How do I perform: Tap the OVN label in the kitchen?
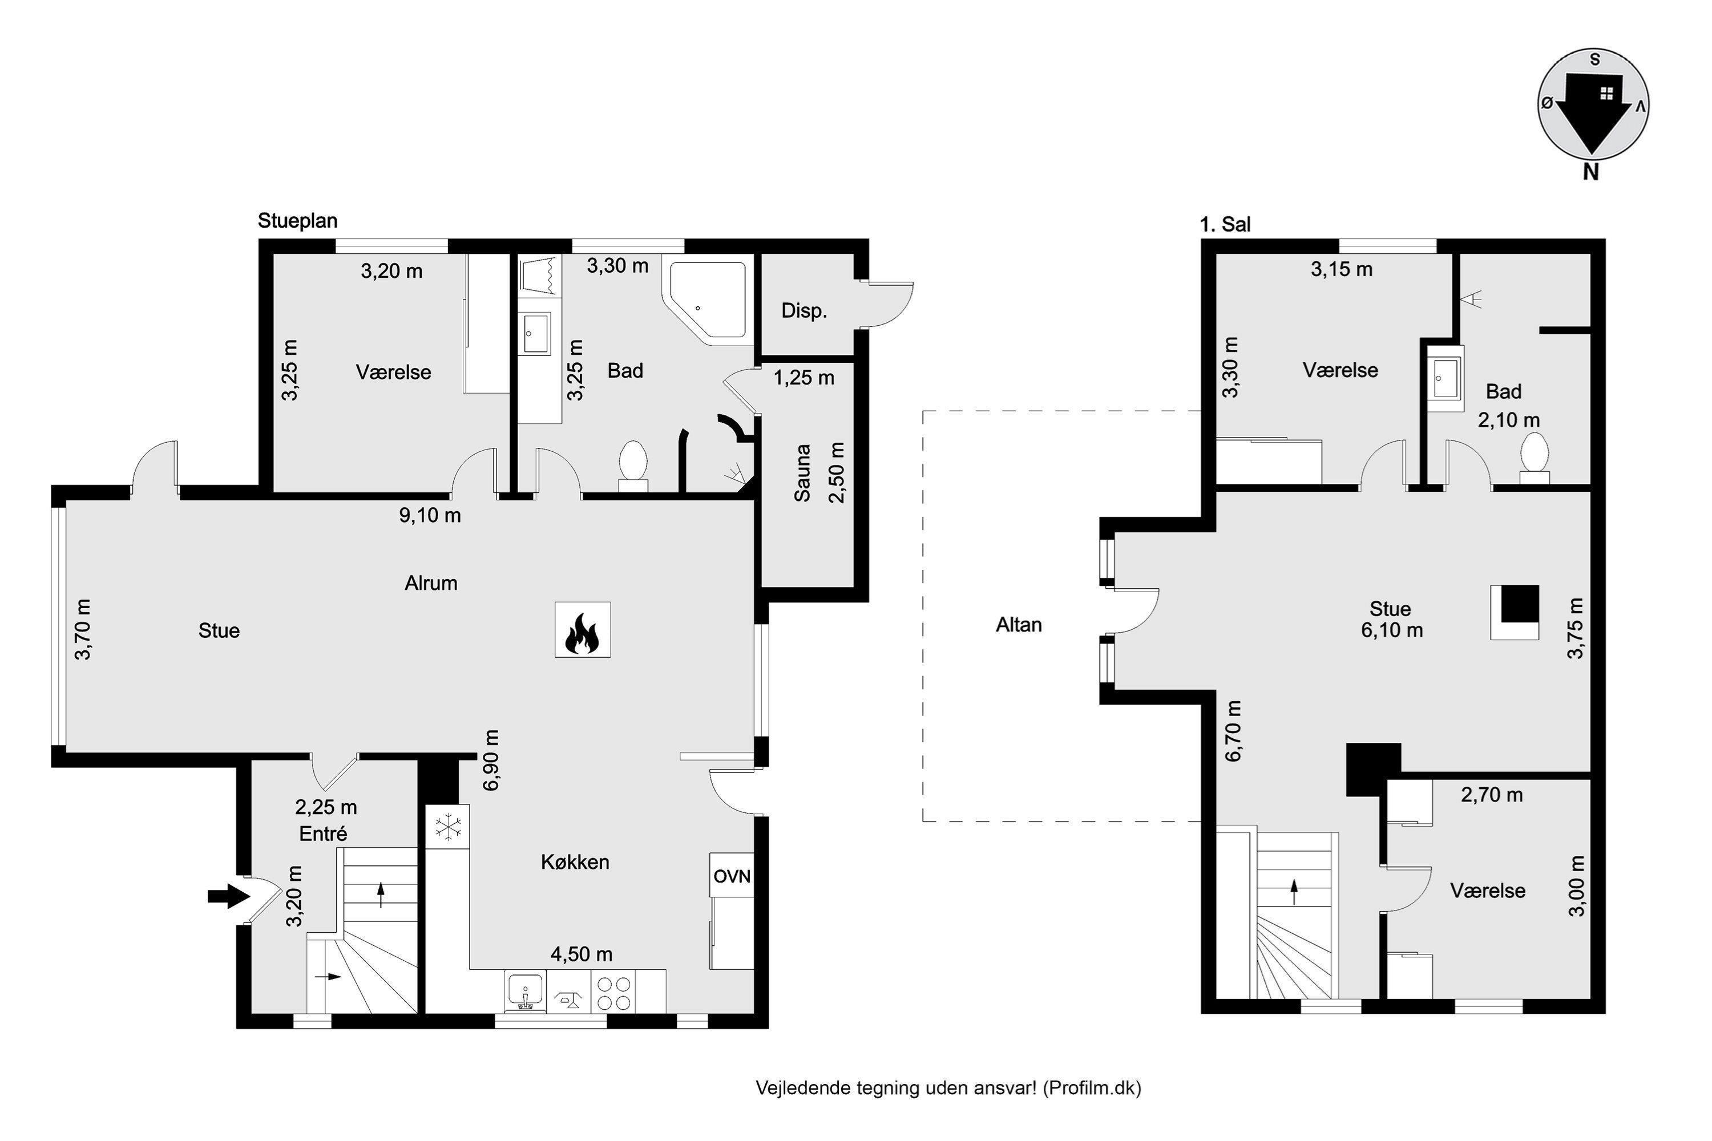point(732,876)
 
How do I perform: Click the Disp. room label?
point(804,311)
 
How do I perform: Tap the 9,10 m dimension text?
point(430,516)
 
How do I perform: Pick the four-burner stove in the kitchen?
point(613,993)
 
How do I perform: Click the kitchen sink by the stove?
point(525,992)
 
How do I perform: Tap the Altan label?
point(1019,624)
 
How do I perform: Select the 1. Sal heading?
point(1225,225)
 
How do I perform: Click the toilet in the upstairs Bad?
point(1535,458)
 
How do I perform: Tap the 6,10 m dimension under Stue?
point(1392,630)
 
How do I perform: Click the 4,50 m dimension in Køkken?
point(582,954)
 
